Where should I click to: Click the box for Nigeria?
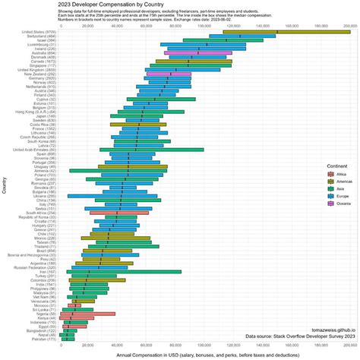pos(93,313)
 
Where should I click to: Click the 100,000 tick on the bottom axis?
pos(203,346)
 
